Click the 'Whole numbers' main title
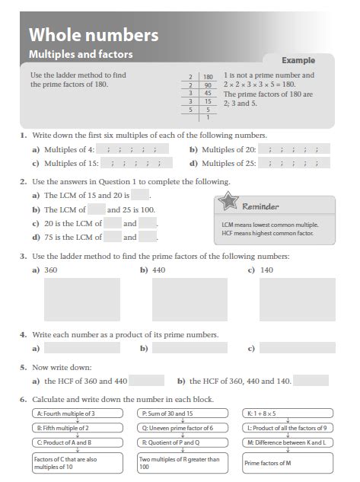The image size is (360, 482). tap(93, 34)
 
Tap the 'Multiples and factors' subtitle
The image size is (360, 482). tap(80, 54)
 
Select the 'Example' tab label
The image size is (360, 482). tap(298, 60)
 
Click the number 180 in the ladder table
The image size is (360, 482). tap(208, 77)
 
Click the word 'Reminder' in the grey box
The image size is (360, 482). tap(260, 206)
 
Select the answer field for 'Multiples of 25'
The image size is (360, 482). tap(293, 162)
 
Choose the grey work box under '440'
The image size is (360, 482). tap(179, 299)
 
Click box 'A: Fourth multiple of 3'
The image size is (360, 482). tap(68, 413)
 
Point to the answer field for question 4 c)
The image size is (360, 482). tap(299, 349)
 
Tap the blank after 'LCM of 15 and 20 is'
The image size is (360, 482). tap(139, 196)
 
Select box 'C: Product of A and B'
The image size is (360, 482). tap(68, 442)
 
